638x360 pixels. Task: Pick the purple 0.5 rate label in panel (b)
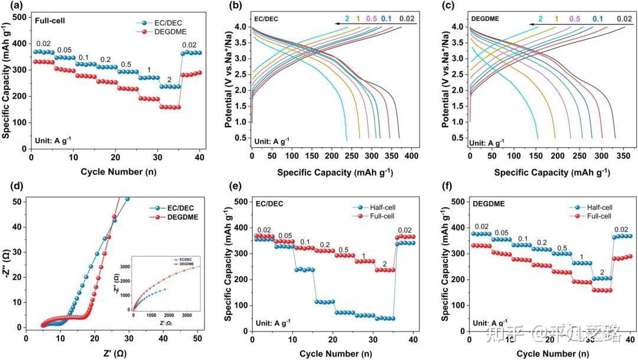click(372, 19)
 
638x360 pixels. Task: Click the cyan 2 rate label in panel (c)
click(541, 19)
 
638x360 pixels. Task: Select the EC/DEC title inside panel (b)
click(267, 19)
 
